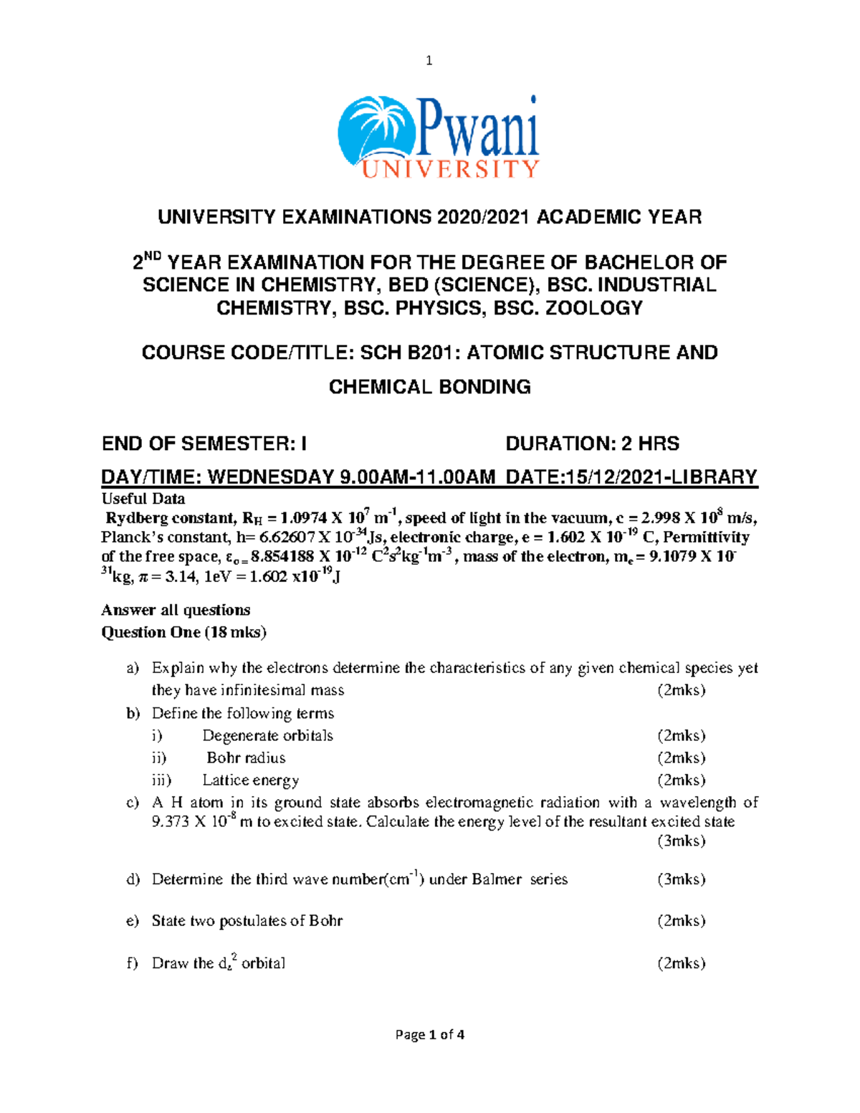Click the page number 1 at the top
429,61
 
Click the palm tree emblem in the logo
376,133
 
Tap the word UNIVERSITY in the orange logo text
449,169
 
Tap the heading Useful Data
143,499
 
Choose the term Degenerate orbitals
267,735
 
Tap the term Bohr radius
246,758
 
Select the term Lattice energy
250,780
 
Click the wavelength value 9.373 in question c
171,822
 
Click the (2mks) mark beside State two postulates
681,921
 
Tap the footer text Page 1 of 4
430,1034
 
